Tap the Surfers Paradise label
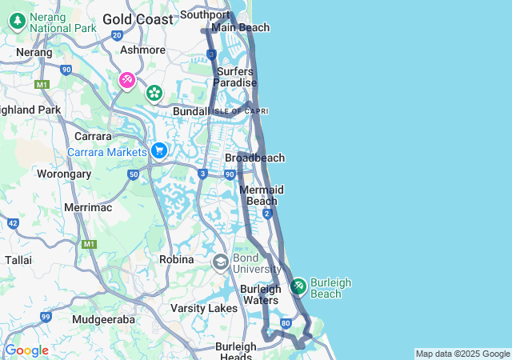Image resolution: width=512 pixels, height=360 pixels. (x=236, y=77)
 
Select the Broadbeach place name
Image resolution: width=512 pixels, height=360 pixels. (x=254, y=158)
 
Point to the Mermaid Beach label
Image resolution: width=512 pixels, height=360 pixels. (x=262, y=195)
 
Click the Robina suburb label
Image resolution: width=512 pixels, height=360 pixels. (x=177, y=259)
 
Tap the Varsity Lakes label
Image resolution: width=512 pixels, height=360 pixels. (x=204, y=308)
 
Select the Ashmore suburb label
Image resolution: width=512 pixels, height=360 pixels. (x=142, y=50)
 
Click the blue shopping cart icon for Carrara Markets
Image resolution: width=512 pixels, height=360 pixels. (x=158, y=150)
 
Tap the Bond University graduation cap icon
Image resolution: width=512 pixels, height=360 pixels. (x=220, y=262)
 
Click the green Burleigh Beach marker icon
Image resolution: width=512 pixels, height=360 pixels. (x=298, y=286)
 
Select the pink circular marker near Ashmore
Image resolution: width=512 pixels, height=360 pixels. (x=127, y=80)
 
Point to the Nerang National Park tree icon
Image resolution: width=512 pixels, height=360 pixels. (x=14, y=20)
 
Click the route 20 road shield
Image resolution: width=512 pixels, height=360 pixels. (x=118, y=35)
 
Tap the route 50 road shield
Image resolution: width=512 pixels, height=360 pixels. (x=134, y=174)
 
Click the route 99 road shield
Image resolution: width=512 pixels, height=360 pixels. (x=46, y=318)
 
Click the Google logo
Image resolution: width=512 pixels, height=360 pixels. (x=26, y=350)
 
